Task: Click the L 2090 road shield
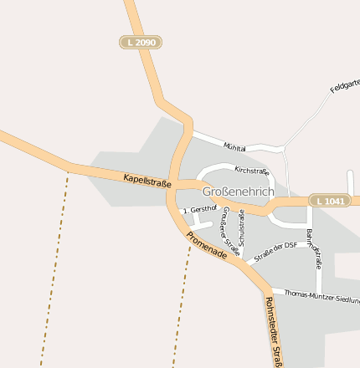click(x=139, y=42)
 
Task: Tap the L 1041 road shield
click(x=329, y=201)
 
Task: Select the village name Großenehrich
click(x=238, y=191)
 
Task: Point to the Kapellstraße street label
click(x=147, y=179)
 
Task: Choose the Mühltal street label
click(x=234, y=147)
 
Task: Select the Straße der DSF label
click(x=275, y=251)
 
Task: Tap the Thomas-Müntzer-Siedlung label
click(x=321, y=295)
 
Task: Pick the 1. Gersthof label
click(x=199, y=208)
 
